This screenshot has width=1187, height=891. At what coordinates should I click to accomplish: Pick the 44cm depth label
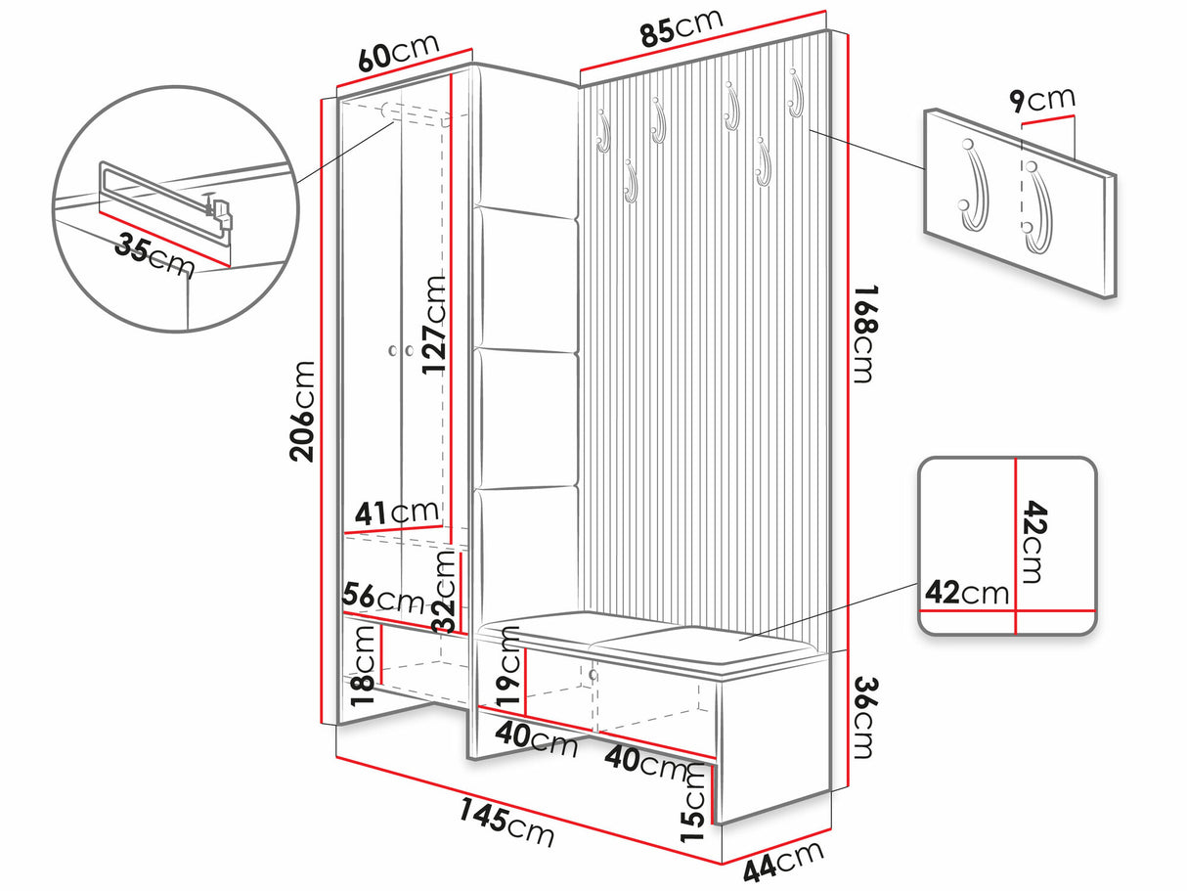click(x=783, y=862)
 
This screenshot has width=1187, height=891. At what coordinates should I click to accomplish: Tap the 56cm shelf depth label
click(x=383, y=597)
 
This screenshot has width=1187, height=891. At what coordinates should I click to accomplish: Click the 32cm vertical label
click(x=445, y=591)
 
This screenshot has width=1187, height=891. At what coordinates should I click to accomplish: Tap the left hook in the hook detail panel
click(x=972, y=186)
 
